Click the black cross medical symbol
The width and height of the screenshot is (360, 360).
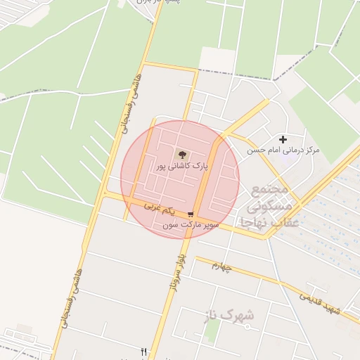coord(283,140)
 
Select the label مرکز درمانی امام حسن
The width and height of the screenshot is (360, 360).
coord(283,150)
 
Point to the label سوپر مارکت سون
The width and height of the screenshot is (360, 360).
coord(191,226)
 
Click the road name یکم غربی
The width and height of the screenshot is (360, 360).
coord(158,208)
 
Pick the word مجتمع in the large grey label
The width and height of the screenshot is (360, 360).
coord(269,191)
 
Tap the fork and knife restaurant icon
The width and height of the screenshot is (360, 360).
coord(144,351)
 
